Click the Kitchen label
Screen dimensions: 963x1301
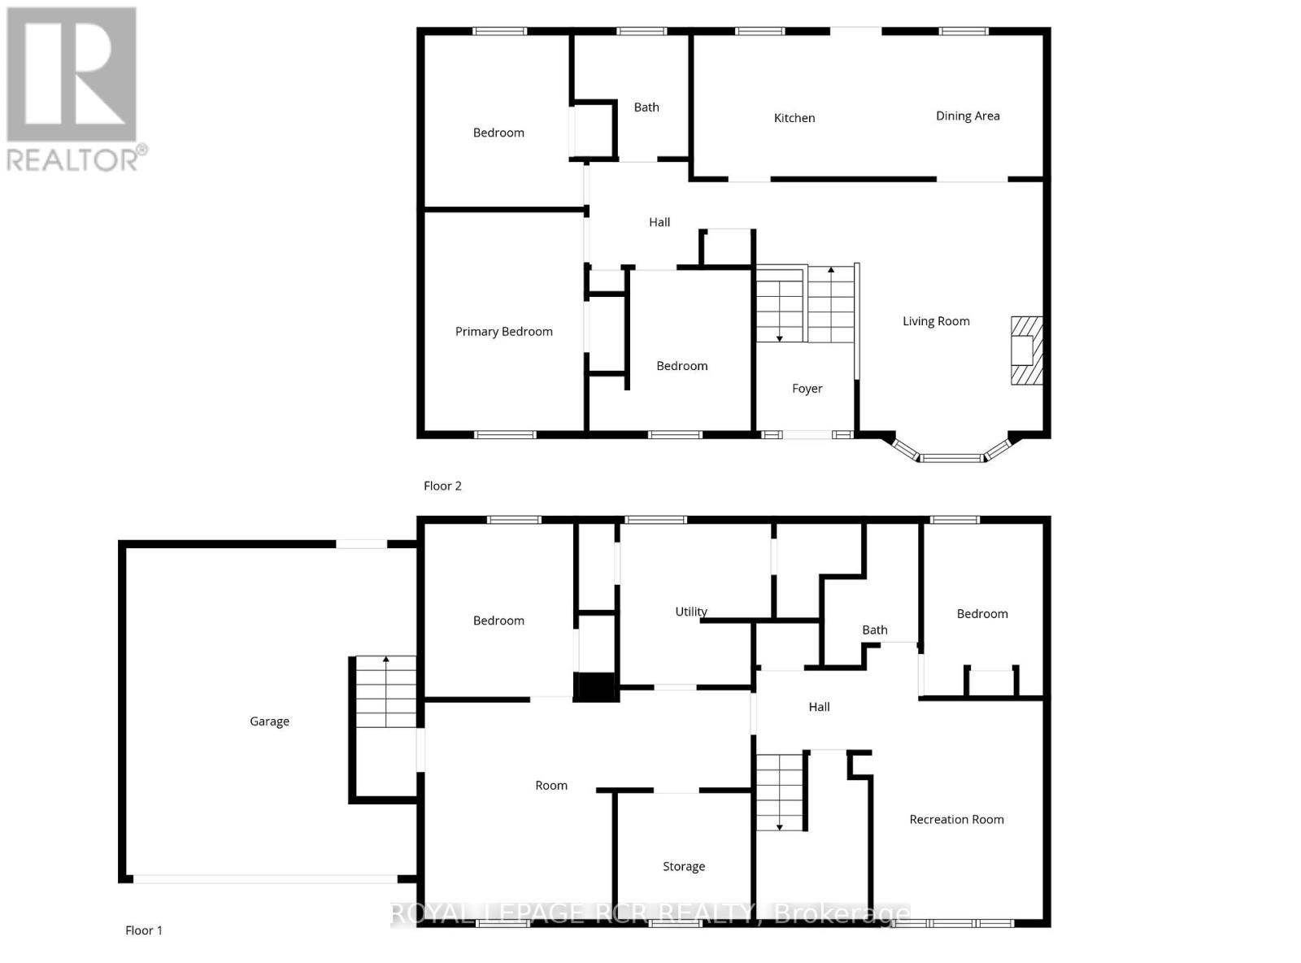[x=794, y=118]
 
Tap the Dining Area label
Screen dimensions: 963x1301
[x=968, y=115]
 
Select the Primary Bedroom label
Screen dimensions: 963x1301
[x=503, y=331]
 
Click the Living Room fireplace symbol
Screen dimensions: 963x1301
[x=1025, y=350]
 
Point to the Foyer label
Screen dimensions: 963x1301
[x=807, y=389]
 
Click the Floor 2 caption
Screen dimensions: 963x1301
[x=442, y=486]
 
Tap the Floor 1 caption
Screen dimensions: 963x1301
[x=144, y=930]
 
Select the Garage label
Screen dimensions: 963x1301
[x=269, y=721]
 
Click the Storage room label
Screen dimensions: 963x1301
[x=683, y=866]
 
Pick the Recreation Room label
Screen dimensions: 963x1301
[x=956, y=819]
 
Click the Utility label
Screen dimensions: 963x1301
[x=691, y=612]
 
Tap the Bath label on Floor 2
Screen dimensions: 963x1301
[x=646, y=107]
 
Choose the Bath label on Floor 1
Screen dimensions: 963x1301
[x=874, y=630]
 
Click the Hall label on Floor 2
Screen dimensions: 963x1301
[x=659, y=222]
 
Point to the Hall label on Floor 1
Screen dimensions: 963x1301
[x=819, y=707]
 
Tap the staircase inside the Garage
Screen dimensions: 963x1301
[x=385, y=692]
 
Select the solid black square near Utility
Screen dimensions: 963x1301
[x=595, y=686]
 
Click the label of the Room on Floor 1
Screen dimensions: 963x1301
[x=551, y=786]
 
